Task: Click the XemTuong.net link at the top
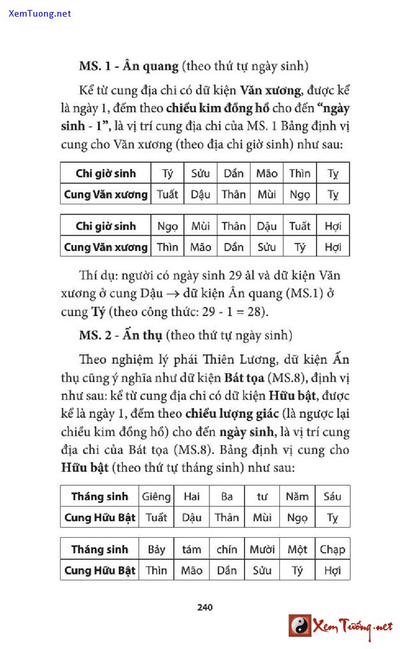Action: pos(40,13)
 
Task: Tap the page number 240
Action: pos(205,606)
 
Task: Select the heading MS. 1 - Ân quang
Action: pos(129,66)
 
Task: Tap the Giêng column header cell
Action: pos(157,496)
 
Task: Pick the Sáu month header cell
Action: pos(332,496)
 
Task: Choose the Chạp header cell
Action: pos(332,549)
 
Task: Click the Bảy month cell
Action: pos(157,549)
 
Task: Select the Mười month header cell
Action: pos(262,549)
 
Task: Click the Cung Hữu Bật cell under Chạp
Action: pos(332,570)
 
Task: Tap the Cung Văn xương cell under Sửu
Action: pos(200,194)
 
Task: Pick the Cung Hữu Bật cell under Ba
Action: pos(227,517)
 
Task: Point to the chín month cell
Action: pos(227,549)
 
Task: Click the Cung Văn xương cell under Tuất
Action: pos(299,247)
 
